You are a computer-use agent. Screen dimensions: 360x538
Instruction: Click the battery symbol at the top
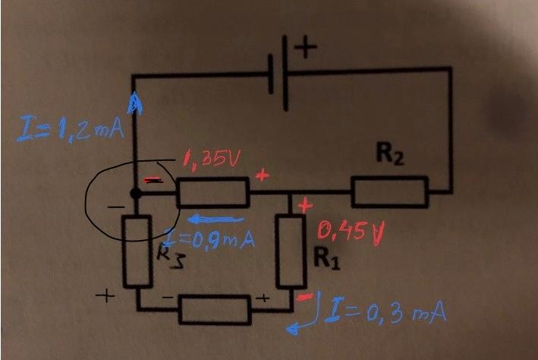click(281, 74)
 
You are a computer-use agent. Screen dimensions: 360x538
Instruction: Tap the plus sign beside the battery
click(306, 49)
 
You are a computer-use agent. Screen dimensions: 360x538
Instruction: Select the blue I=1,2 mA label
click(70, 130)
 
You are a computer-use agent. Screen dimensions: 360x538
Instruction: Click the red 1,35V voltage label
click(212, 159)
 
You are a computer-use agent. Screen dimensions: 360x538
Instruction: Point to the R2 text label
click(389, 158)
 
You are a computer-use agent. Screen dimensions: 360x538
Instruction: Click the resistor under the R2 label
click(390, 191)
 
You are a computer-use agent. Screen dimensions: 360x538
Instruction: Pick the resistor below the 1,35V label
click(212, 193)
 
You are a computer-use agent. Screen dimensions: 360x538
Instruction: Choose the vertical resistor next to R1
click(290, 251)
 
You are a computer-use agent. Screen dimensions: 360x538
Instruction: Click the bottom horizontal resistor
click(214, 309)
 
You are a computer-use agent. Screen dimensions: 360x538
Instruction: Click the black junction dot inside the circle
click(134, 193)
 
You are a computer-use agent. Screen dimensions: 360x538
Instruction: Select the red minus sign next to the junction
click(152, 181)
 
